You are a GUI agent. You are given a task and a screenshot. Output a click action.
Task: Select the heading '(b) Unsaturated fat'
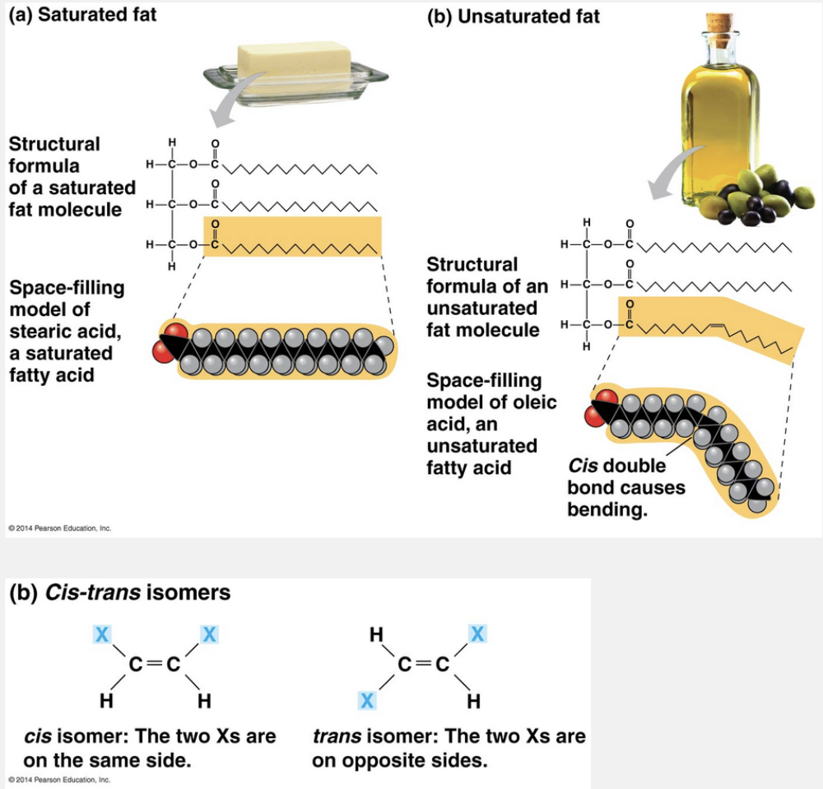pyautogui.click(x=514, y=16)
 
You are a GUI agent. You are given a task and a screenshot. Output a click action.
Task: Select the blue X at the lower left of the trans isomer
pyautogui.click(x=367, y=700)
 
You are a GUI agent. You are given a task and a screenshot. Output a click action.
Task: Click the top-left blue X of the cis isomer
pyautogui.click(x=101, y=634)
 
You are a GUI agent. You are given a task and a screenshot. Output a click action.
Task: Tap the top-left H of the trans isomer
pyautogui.click(x=376, y=634)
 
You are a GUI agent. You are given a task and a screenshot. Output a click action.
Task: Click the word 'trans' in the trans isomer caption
pyautogui.click(x=337, y=736)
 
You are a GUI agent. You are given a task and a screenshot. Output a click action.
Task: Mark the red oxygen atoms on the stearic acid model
pyautogui.click(x=170, y=342)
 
